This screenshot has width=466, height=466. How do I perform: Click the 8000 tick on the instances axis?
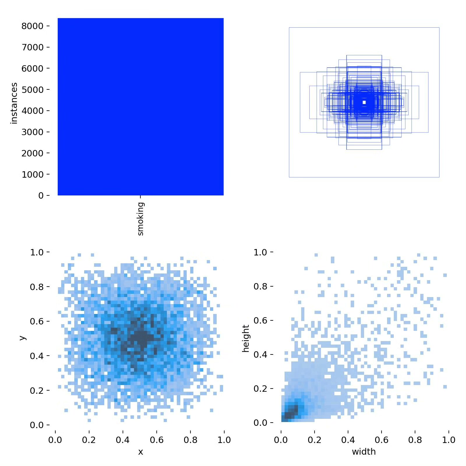(33, 26)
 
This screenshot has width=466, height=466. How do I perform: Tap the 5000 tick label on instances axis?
(33, 90)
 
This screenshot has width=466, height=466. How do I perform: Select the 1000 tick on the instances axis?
(33, 174)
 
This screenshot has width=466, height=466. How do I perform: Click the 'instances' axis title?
(14, 103)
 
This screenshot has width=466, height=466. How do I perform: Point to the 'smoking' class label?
(140, 219)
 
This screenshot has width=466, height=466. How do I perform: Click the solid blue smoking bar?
(141, 107)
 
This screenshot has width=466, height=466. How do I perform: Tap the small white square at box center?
(364, 102)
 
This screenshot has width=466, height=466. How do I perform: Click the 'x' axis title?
(141, 452)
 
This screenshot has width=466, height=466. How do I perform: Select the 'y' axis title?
(22, 338)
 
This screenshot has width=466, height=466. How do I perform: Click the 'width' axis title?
(364, 452)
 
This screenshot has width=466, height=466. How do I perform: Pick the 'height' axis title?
(246, 338)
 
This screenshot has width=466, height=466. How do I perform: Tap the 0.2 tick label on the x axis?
(89, 440)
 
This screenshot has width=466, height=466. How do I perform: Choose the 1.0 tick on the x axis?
(224, 440)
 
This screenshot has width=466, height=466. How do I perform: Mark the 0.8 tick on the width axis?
(415, 440)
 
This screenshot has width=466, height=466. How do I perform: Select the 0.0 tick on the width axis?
(281, 440)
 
